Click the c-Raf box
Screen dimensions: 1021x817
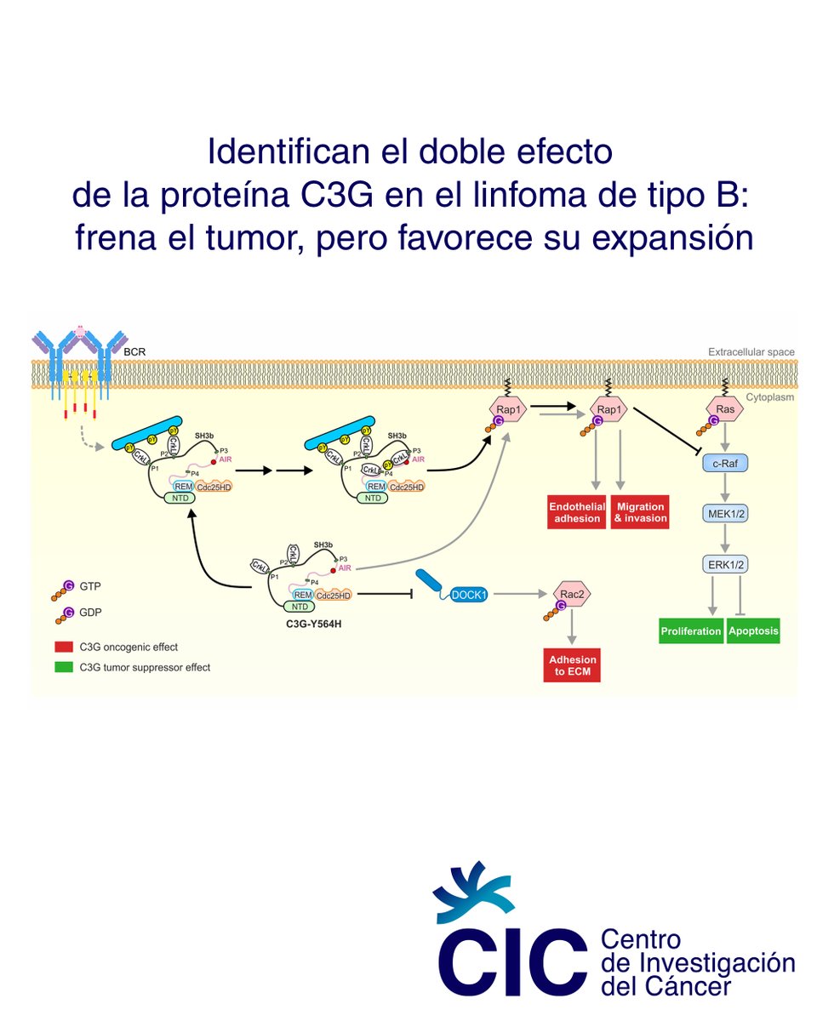[x=725, y=464]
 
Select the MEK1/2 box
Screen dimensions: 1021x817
[x=725, y=514]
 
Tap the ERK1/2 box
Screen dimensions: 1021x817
[x=725, y=563]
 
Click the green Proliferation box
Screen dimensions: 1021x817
[x=691, y=632]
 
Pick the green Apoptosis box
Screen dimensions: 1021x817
[x=753, y=632]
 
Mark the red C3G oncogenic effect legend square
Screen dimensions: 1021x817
[x=62, y=647]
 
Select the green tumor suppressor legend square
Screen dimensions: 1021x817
[x=62, y=667]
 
